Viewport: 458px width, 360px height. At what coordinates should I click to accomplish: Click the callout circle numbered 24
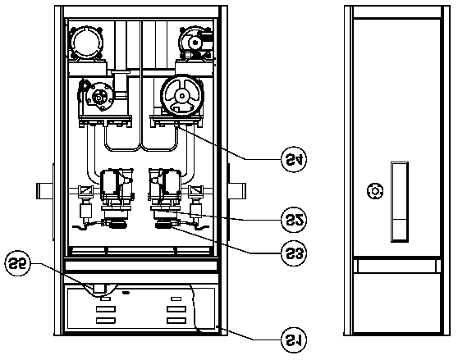click(294, 159)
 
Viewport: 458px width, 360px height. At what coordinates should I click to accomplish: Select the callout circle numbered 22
click(294, 220)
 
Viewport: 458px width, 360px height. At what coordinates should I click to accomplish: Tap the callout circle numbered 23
click(294, 253)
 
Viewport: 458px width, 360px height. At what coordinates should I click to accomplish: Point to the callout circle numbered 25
click(17, 263)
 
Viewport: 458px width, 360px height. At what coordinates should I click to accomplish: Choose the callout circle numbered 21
click(294, 339)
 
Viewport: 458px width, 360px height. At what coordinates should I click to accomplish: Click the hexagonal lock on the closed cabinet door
click(375, 191)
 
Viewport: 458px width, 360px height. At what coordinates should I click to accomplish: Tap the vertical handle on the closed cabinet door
click(399, 202)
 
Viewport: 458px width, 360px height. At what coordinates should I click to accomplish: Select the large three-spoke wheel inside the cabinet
click(182, 96)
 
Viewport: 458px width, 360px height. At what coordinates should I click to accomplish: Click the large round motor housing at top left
click(86, 43)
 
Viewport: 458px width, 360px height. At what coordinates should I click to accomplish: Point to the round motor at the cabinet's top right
click(195, 43)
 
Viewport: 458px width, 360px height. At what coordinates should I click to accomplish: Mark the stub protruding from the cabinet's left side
click(44, 191)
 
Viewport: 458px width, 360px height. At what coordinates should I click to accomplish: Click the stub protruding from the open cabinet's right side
click(237, 191)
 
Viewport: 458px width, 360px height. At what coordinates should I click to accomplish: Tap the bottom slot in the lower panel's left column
click(106, 321)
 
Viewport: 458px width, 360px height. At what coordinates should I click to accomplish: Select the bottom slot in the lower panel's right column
click(176, 321)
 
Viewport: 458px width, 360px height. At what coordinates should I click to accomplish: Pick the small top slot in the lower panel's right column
click(176, 298)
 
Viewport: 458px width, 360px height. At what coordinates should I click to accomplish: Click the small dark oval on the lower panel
click(126, 292)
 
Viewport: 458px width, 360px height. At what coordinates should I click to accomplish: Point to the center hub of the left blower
click(98, 98)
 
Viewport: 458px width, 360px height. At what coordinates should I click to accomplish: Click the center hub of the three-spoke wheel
click(182, 96)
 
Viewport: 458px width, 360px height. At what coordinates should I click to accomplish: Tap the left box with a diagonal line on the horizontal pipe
click(85, 191)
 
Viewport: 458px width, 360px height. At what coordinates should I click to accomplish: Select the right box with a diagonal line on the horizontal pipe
click(195, 191)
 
